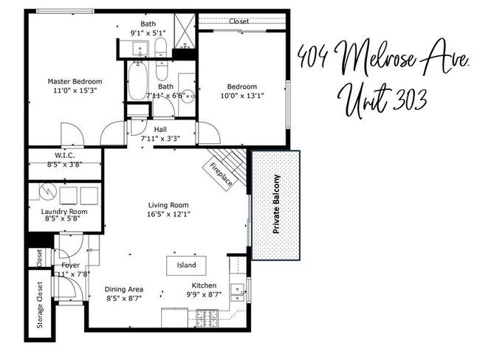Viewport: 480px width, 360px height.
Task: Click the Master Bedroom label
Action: tap(75, 82)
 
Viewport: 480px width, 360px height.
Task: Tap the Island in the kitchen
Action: tap(186, 266)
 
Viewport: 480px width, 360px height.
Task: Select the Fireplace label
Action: tap(221, 174)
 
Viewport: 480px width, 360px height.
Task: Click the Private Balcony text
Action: tap(276, 204)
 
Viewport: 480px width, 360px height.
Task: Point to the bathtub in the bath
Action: tap(138, 80)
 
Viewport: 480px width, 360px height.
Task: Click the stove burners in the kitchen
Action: tap(207, 319)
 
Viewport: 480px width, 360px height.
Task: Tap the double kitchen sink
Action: tap(237, 293)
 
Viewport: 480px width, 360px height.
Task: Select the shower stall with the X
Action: tap(185, 30)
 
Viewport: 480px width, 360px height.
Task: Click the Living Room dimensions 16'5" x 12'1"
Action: tap(168, 214)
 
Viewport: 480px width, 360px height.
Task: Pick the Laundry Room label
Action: tap(64, 211)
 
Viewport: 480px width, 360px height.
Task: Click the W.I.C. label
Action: tap(64, 156)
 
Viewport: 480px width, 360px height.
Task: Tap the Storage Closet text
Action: tap(40, 305)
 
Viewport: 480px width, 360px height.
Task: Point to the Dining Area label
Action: tap(124, 289)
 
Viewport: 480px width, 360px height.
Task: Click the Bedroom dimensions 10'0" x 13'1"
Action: tap(242, 96)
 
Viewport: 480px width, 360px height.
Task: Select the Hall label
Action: tap(160, 129)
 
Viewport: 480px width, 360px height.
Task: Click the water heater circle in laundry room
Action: tap(48, 191)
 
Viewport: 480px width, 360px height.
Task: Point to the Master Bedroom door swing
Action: tap(72, 134)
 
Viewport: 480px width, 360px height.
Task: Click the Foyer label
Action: tap(70, 265)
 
